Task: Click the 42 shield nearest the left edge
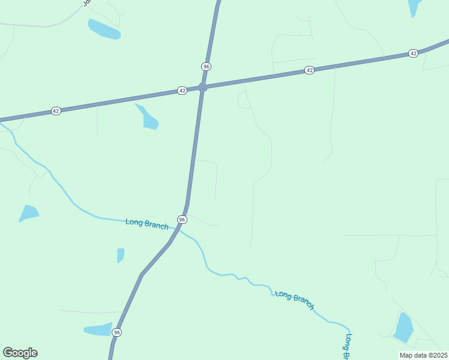pos(56,111)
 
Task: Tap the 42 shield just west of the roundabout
pos(182,91)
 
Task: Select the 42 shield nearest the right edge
pos(413,53)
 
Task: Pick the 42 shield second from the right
pos(309,70)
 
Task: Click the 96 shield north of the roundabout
pos(206,66)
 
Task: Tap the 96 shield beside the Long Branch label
pos(182,220)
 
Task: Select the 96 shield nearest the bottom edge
pos(116,332)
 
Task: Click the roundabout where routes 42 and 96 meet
pos(203,88)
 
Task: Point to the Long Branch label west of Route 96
pos(147,223)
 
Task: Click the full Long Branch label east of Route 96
pos(295,300)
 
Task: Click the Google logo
pos(20,353)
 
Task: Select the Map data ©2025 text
pos(423,355)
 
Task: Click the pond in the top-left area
pos(104,29)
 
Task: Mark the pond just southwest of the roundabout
pos(149,118)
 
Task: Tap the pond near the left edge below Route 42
pos(28,213)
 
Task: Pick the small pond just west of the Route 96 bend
pos(121,255)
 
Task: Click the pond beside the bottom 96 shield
pos(97,329)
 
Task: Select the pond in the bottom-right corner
pos(403,328)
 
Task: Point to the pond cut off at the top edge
pos(415,7)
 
